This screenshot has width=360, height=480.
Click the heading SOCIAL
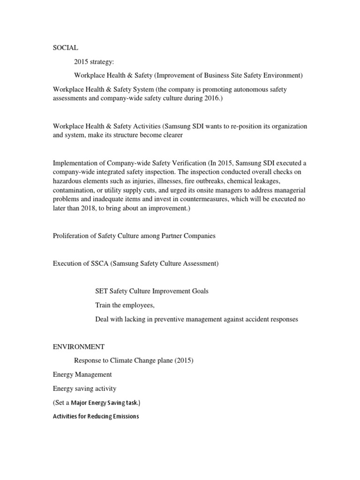pyautogui.click(x=65, y=48)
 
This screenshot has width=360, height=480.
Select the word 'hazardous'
pyautogui.click(x=68, y=181)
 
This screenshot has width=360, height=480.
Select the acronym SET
pyautogui.click(x=102, y=291)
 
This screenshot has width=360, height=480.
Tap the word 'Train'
pyautogui.click(x=104, y=305)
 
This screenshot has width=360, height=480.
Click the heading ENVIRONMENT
pyautogui.click(x=79, y=347)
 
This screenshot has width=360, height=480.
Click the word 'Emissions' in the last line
pyautogui.click(x=124, y=416)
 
